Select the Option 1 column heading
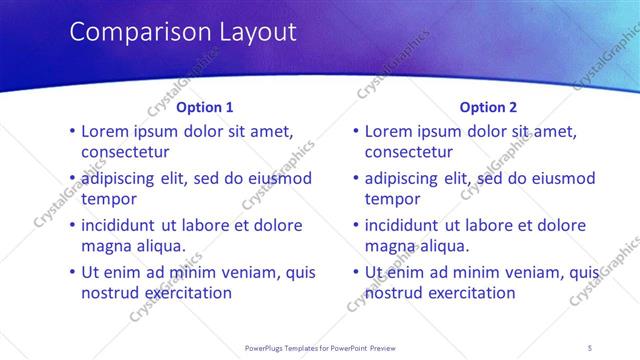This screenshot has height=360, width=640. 205,107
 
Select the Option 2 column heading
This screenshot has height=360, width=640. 489,107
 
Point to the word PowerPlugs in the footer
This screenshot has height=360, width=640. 265,348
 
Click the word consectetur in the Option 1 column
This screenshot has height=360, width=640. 125,152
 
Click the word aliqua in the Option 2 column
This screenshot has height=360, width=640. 444,246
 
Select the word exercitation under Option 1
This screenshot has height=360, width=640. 183,293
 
